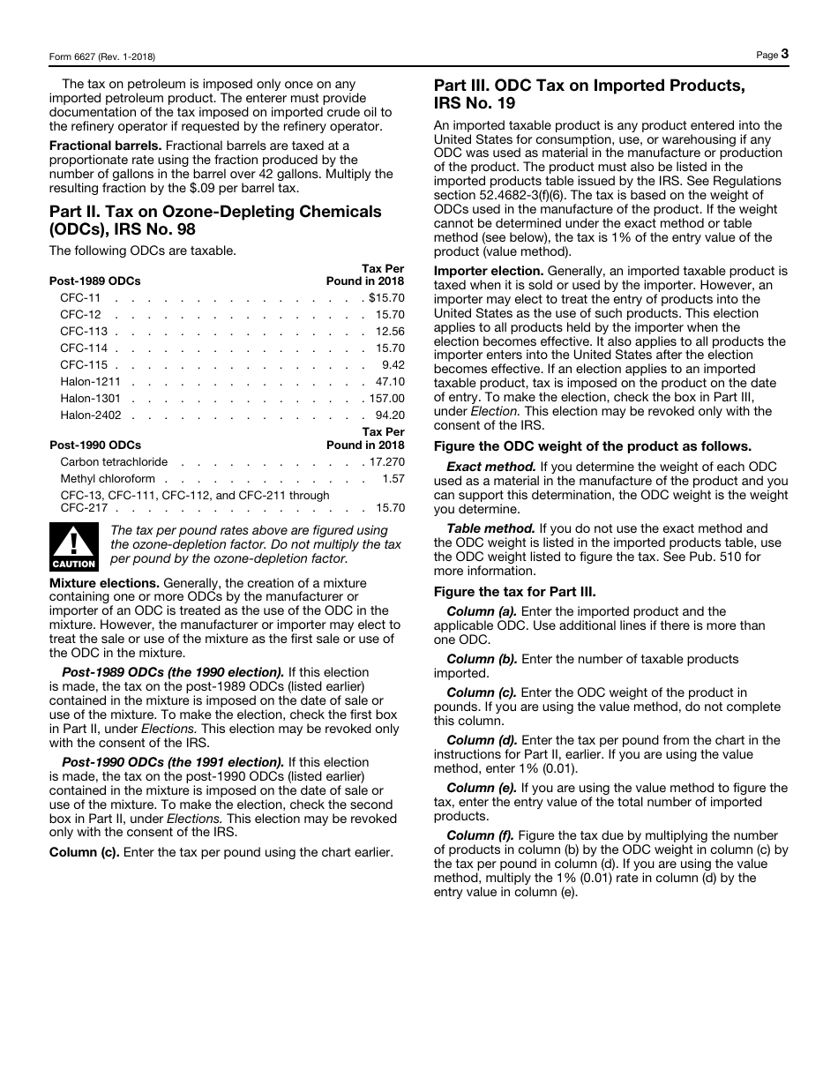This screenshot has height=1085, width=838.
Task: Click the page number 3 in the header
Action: click(x=784, y=54)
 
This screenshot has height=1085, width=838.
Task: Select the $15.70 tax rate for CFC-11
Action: click(x=386, y=298)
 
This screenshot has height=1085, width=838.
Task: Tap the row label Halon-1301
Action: click(x=91, y=399)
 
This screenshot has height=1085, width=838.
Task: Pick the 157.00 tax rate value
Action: click(x=387, y=399)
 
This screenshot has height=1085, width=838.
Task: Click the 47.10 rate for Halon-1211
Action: click(x=390, y=382)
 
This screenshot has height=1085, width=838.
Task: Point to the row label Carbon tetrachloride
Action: click(x=114, y=461)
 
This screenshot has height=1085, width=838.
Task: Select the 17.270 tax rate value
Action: click(x=387, y=461)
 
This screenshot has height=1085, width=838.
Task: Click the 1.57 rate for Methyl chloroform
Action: click(x=393, y=478)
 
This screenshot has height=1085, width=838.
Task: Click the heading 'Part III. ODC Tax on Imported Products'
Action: click(x=589, y=86)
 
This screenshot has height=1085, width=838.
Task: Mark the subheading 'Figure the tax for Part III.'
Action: click(x=514, y=591)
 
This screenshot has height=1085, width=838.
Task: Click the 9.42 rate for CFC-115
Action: click(x=393, y=364)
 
